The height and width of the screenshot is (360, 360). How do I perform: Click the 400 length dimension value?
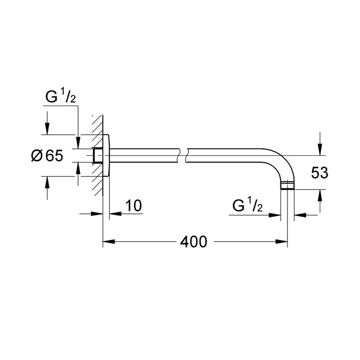[x=194, y=242]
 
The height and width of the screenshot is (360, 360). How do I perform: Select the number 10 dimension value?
[x=134, y=206]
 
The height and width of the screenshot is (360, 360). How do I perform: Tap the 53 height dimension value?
[x=320, y=173]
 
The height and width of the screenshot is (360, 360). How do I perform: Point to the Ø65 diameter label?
[x=47, y=156]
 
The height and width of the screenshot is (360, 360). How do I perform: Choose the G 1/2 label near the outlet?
[x=247, y=206]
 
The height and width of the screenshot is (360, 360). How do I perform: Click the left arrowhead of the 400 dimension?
[x=108, y=242]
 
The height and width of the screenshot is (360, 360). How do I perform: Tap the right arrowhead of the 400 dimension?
[x=282, y=242]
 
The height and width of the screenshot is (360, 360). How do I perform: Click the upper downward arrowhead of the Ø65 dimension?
[x=47, y=129]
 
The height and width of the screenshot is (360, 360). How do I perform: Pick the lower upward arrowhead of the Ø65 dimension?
[x=47, y=182]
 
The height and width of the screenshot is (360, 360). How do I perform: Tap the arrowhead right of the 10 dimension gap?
[x=115, y=213]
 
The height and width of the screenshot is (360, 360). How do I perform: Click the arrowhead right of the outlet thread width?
[x=300, y=215]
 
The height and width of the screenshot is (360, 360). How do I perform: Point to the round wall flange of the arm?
[x=106, y=156]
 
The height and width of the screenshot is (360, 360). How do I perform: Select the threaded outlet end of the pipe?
[x=287, y=185]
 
